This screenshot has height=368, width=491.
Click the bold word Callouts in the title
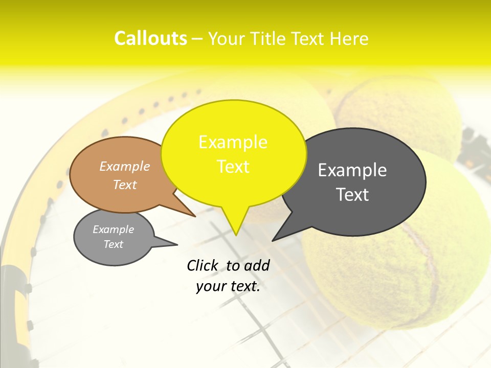[150, 38]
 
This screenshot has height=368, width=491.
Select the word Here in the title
[349, 39]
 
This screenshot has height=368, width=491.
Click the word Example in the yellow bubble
[233, 142]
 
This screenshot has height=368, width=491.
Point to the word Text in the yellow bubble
[233, 167]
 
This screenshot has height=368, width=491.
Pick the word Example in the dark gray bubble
[352, 170]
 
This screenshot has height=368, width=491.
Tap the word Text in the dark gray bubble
[352, 195]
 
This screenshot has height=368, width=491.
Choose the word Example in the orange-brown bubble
[125, 166]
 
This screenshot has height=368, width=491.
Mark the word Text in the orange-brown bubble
[125, 185]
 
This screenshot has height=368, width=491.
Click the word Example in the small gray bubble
[113, 229]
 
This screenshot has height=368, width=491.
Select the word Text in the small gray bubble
[113, 244]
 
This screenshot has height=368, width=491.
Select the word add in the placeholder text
[257, 265]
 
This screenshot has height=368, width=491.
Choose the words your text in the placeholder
[228, 286]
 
